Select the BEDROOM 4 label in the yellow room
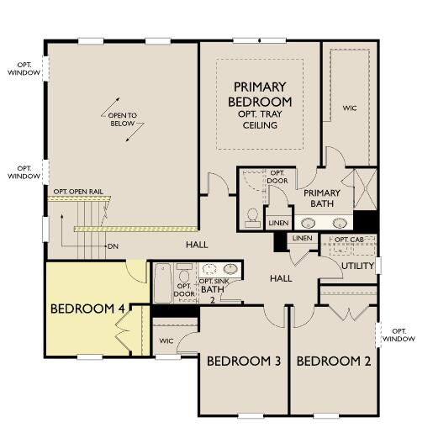pos(87,309)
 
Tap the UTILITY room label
pos(358,266)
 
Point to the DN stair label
pos(114,246)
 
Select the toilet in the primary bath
pos(251,216)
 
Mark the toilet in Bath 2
pos(187,272)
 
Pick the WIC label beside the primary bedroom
pos(351,108)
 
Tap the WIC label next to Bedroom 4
pos(166,340)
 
